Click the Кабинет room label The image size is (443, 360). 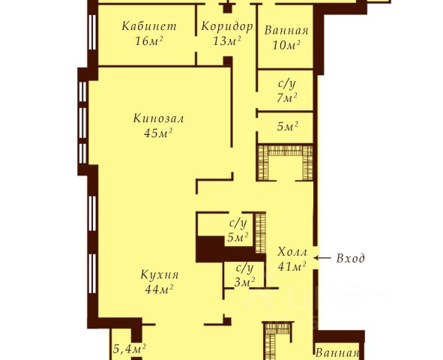[x=149, y=26]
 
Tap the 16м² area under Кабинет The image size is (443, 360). [x=149, y=41]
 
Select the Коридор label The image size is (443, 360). [x=227, y=26]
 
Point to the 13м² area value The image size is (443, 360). [x=227, y=41]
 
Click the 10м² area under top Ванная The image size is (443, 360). [x=286, y=45]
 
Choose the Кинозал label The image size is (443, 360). [x=158, y=118]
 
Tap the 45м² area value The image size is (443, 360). [x=158, y=133]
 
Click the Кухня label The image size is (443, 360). [x=160, y=274]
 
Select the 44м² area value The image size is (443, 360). [x=159, y=289]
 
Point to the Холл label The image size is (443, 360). [x=292, y=251]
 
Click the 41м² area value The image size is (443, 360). [x=292, y=266]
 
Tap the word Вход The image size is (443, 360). [x=350, y=258]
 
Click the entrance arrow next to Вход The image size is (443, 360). [x=322, y=258]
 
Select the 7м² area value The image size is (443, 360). [x=287, y=98]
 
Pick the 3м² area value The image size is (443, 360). [x=244, y=282]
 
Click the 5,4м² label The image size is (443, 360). [x=130, y=349]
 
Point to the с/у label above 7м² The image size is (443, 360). [x=287, y=84]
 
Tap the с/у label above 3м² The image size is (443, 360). [x=244, y=268]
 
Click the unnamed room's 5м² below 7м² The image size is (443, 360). [x=288, y=127]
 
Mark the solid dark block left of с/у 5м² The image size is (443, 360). [x=211, y=249]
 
